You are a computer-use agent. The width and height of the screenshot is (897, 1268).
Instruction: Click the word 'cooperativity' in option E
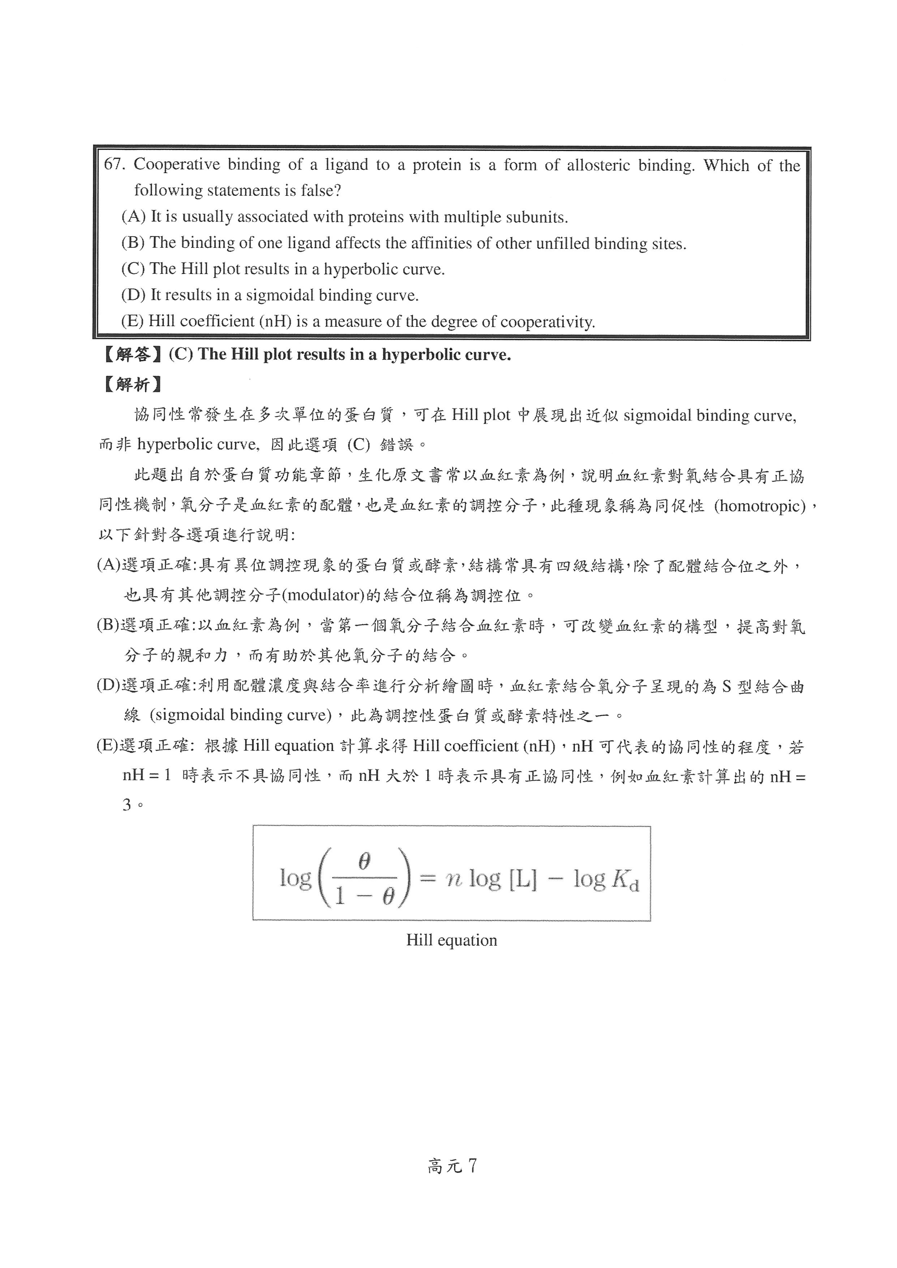click(547, 322)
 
